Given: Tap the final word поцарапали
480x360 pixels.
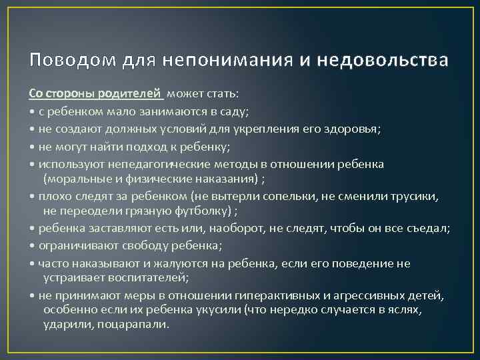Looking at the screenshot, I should [x=134, y=326].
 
